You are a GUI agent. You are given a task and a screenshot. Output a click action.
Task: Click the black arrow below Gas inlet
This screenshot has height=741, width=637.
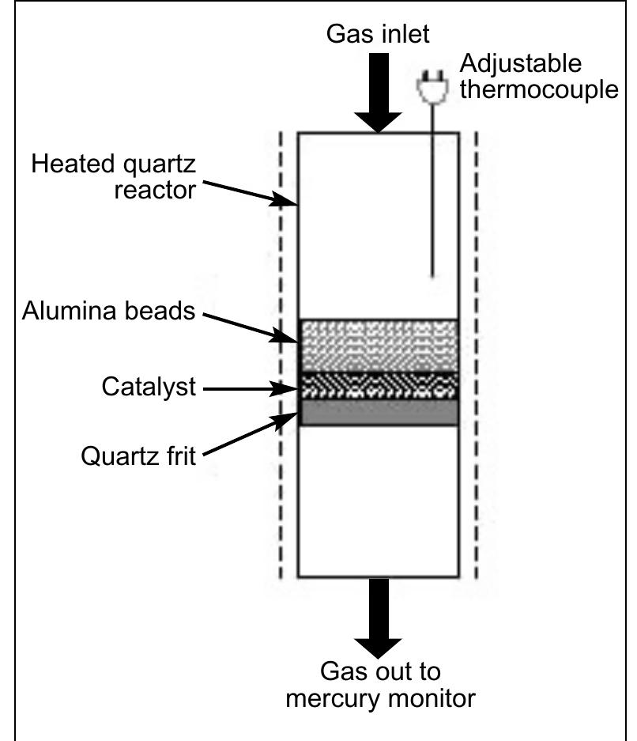click(379, 94)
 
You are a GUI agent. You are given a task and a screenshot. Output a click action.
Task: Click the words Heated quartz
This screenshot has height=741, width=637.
click(113, 164)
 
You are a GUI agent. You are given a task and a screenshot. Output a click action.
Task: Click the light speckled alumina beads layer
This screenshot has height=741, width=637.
click(379, 345)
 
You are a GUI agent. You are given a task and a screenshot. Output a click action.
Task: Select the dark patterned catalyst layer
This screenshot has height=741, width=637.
click(379, 385)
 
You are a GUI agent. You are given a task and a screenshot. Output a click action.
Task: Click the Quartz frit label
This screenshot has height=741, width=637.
click(138, 456)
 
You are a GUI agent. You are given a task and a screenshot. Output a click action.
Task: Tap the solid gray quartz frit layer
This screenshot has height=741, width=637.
click(379, 412)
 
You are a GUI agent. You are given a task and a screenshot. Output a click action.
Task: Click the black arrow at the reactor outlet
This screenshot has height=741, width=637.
click(379, 618)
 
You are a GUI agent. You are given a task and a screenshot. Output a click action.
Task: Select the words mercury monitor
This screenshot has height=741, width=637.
click(380, 698)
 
